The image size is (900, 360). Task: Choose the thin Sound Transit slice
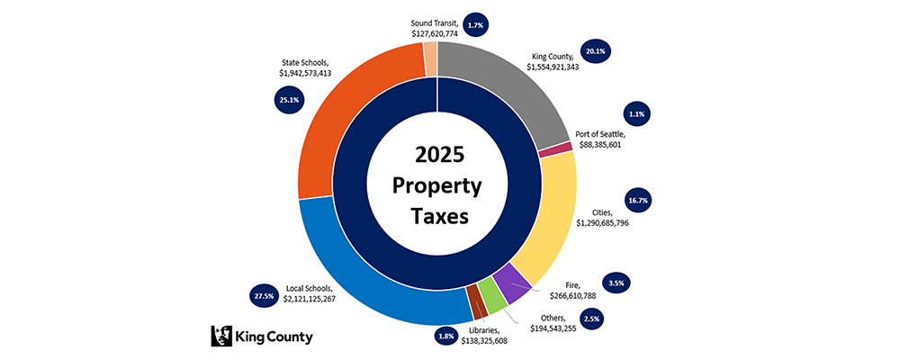[430, 60]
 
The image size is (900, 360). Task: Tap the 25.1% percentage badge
[289, 100]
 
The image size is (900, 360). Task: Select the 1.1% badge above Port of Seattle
[640, 114]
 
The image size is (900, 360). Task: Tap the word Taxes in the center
[438, 217]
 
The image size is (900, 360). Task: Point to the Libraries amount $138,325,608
[497, 341]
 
